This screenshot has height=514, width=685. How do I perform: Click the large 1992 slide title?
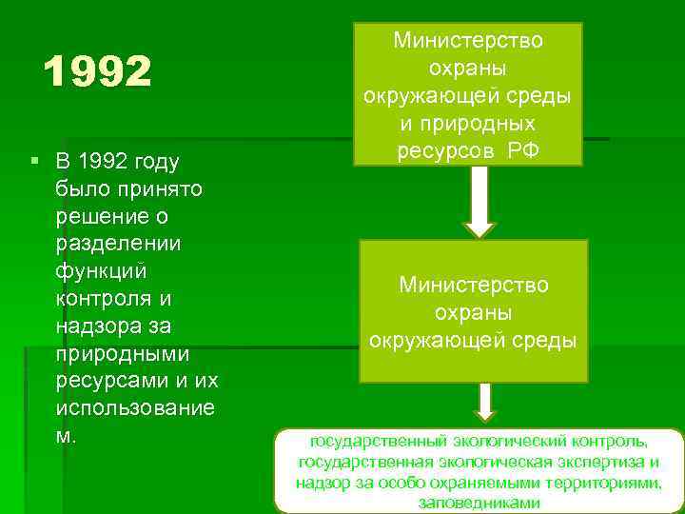click(x=98, y=70)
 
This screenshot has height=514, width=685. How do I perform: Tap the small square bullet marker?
click(x=34, y=162)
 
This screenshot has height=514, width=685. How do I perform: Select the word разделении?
click(x=119, y=243)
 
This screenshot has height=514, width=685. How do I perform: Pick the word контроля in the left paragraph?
click(x=105, y=298)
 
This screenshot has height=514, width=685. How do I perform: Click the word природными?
click(x=123, y=353)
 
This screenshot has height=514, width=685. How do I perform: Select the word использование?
click(x=135, y=408)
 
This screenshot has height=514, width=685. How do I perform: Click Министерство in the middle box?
click(x=474, y=285)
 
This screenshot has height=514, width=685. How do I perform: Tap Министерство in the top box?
click(x=474, y=42)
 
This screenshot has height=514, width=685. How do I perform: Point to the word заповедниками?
click(x=479, y=504)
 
